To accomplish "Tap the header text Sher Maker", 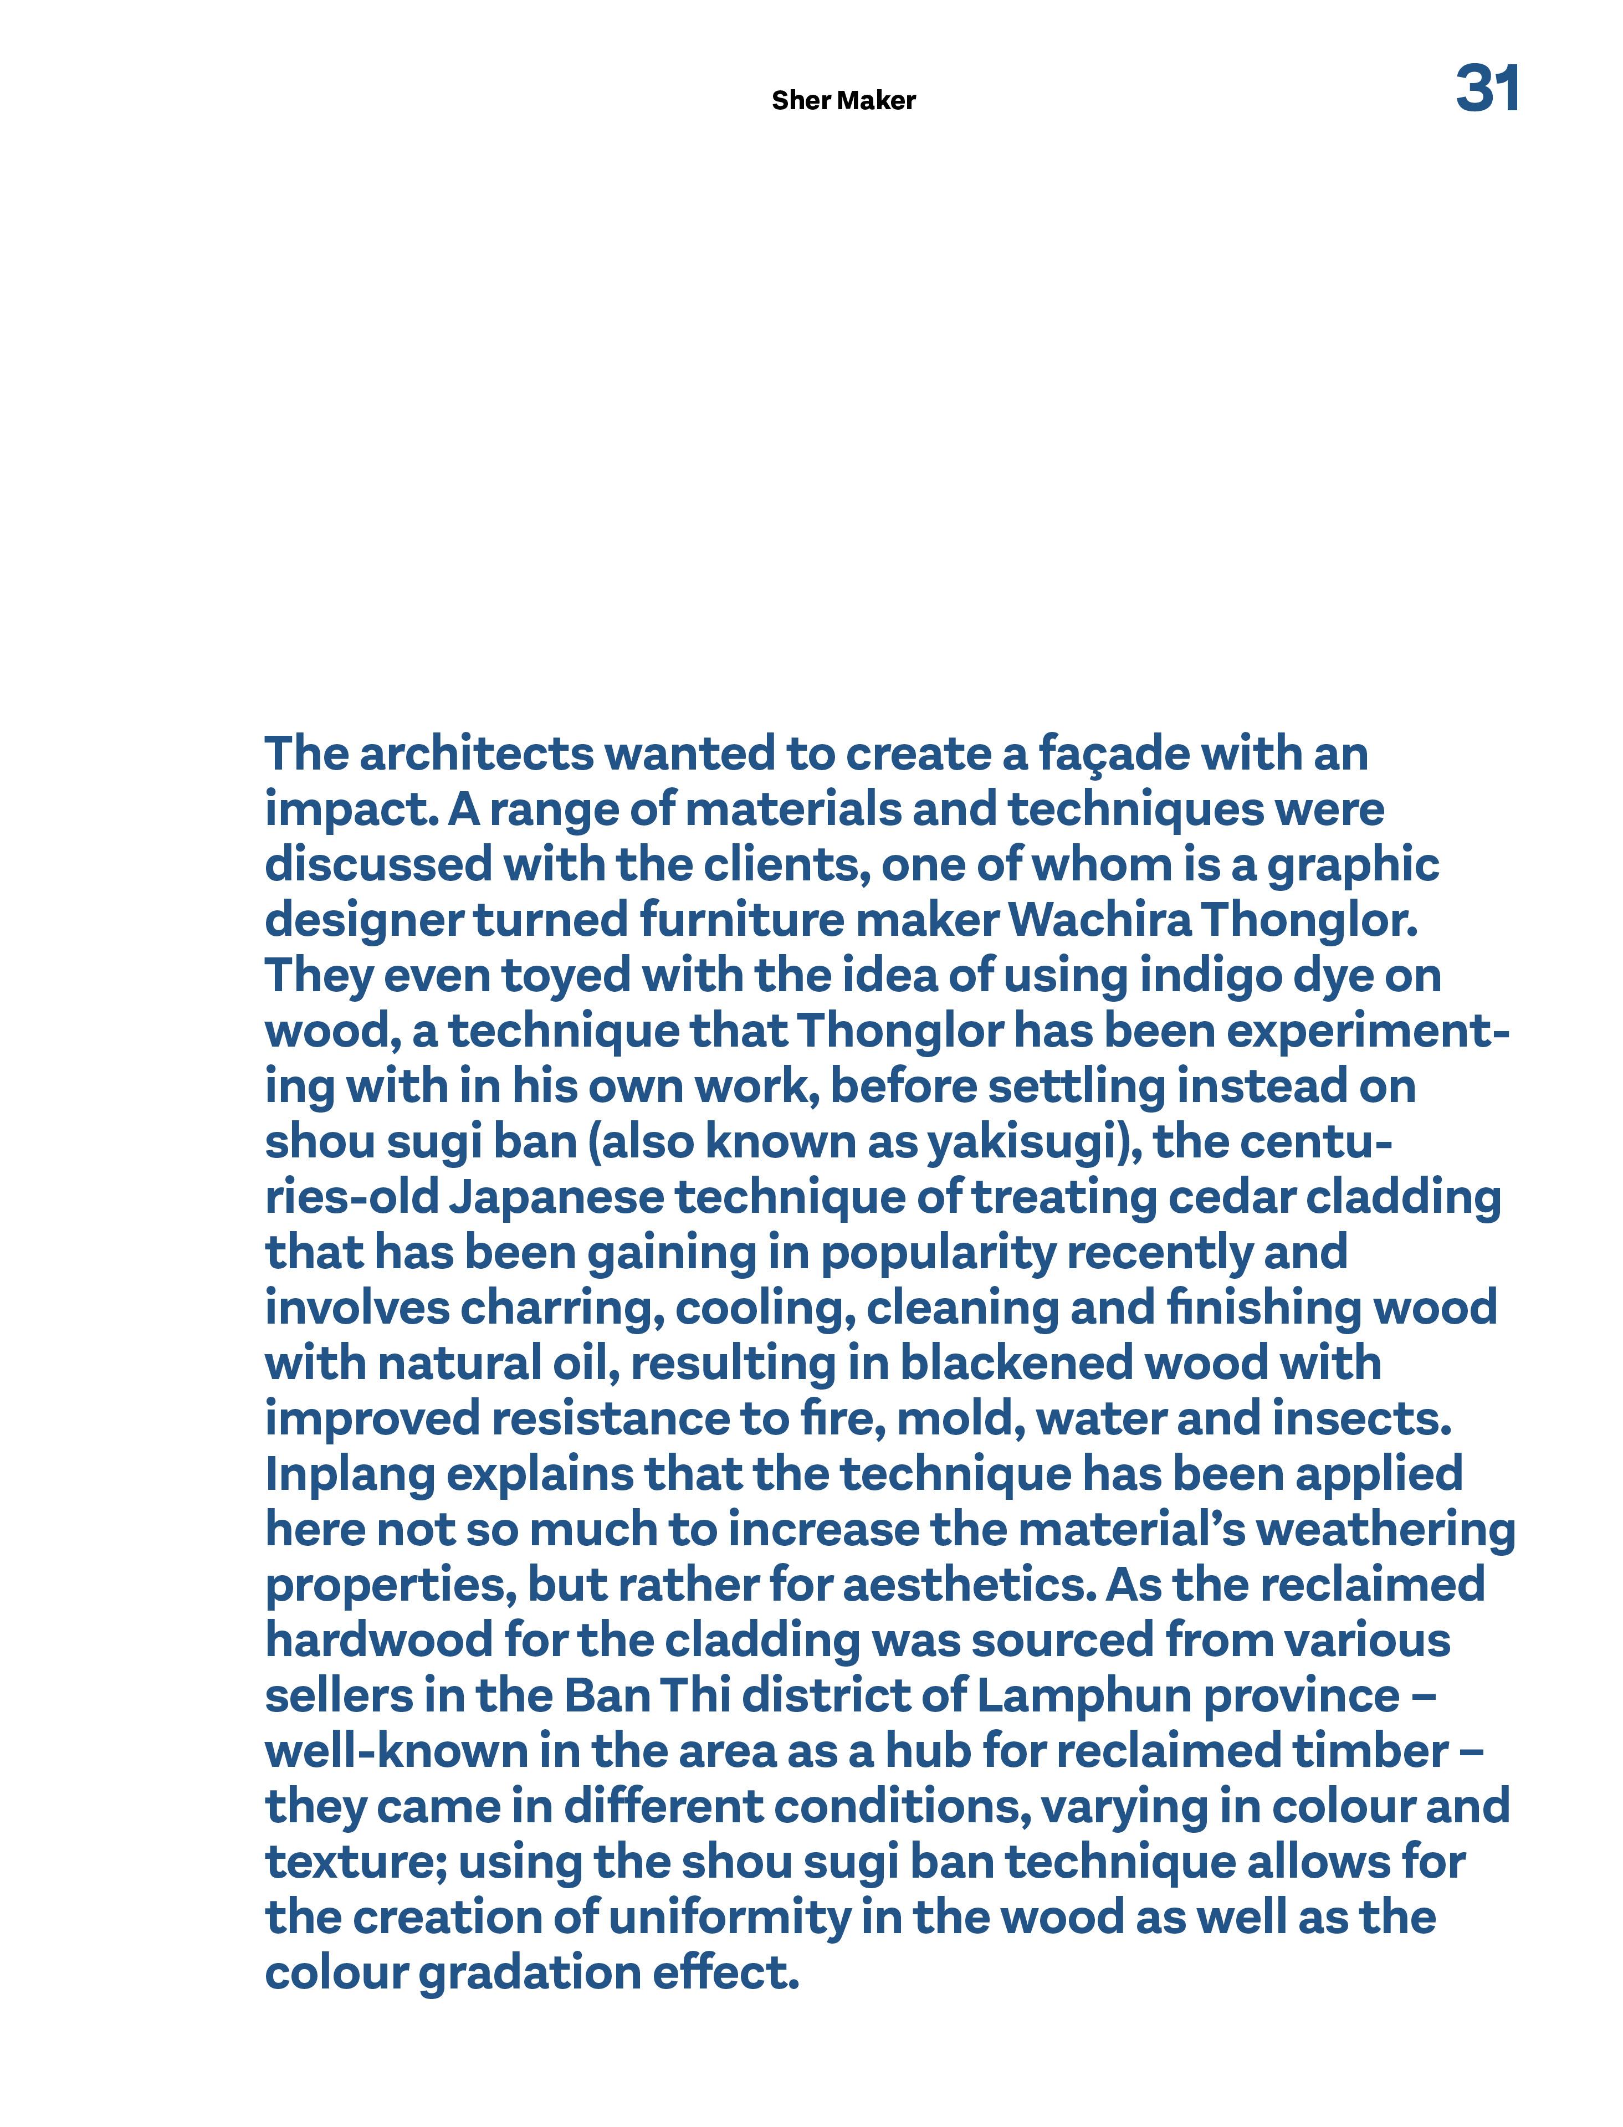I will pos(843,100).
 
